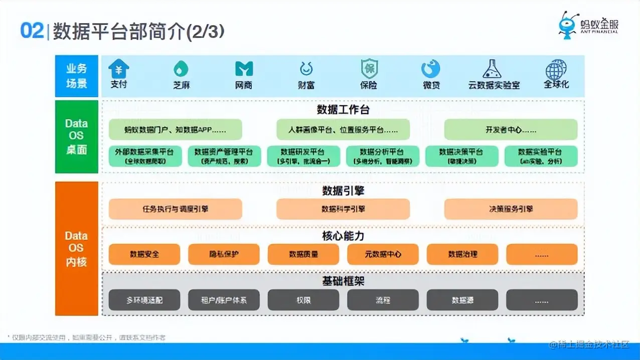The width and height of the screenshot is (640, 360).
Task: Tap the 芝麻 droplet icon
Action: point(181,69)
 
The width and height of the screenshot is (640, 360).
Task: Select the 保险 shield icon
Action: point(369,68)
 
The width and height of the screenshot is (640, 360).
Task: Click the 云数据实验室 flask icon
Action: point(492,68)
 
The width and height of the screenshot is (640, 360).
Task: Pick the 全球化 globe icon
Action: point(556,69)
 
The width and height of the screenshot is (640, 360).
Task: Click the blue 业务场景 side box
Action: point(77,76)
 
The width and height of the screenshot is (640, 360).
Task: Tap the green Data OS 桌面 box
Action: point(77,136)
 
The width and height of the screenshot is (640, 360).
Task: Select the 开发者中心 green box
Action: point(511,129)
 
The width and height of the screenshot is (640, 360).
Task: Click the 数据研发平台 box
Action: point(303,156)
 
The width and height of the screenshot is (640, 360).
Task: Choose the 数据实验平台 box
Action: point(541,156)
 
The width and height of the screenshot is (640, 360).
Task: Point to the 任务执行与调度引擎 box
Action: point(175,209)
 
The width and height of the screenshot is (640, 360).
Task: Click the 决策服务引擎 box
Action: point(511,209)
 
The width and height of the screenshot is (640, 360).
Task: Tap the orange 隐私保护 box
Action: point(224,254)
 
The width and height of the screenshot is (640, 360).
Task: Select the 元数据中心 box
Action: point(383,254)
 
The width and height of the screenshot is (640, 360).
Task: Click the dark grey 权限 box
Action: point(303,300)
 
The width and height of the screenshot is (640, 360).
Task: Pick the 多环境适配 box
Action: point(144,300)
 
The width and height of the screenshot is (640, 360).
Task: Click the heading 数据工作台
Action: point(343,110)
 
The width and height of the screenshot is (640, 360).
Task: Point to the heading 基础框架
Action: point(343,281)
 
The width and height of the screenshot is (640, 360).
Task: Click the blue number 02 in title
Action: point(32,31)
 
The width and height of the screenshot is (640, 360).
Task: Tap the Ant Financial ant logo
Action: point(570,25)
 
